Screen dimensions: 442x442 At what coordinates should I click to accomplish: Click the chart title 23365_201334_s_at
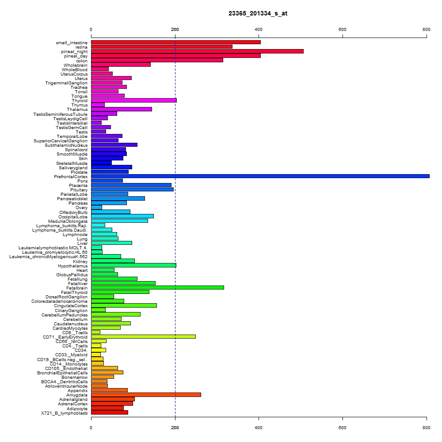pos(258,14)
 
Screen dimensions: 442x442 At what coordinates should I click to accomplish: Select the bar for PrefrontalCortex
pos(260,176)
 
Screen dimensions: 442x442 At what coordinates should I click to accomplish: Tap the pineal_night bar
pos(197,51)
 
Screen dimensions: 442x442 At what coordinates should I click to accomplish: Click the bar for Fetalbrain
pos(158,288)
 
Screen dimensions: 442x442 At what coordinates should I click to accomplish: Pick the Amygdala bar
pos(146,395)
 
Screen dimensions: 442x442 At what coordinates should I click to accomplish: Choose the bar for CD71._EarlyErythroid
pos(143,336)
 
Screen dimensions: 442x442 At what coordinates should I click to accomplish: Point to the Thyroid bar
pos(134,100)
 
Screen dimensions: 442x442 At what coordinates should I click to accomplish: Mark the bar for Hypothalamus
pos(133,265)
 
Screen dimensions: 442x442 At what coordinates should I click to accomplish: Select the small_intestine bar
pos(176,42)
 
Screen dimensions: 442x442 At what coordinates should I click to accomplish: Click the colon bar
pos(157,60)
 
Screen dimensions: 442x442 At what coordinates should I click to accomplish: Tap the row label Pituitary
pos(79,190)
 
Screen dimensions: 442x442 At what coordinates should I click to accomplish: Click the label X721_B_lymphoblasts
pos(64,413)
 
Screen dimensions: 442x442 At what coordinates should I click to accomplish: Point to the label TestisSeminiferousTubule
pos(60,114)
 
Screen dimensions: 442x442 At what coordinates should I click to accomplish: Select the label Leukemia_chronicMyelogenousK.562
pos(49,257)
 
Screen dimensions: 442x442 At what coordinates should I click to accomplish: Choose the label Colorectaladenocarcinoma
pos(60,301)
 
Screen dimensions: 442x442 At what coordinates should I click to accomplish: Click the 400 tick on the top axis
pos(259,29)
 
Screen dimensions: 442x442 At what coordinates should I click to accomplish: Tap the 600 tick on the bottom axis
pos(343,427)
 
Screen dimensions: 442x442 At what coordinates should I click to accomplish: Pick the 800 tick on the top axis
pos(427,29)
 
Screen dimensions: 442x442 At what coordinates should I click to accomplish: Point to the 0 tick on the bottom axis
pos(91,427)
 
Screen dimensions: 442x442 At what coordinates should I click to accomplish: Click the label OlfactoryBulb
pos(73,213)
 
